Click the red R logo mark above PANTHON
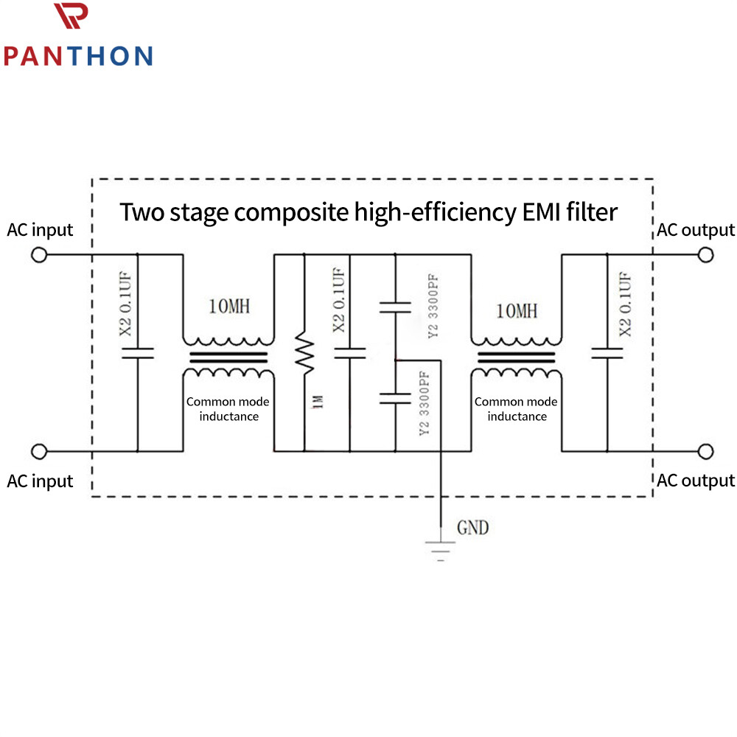click(x=71, y=15)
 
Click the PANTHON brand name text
click(x=79, y=56)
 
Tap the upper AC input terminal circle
click(x=39, y=255)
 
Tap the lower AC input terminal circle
click(x=39, y=451)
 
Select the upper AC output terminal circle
click(x=705, y=255)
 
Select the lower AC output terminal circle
click(x=705, y=451)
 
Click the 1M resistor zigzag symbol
click(x=304, y=353)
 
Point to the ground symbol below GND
click(x=441, y=551)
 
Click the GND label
click(x=473, y=528)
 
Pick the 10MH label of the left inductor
click(x=229, y=307)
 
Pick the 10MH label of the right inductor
click(x=517, y=311)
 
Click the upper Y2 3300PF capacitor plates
click(x=395, y=308)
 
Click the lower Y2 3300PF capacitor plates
click(x=395, y=399)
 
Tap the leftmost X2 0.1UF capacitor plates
click(x=138, y=354)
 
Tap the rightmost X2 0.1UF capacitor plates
click(x=607, y=354)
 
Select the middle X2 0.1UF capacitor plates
click(x=349, y=354)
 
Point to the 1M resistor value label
click(x=318, y=402)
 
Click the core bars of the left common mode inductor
click(x=228, y=357)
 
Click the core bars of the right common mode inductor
click(x=516, y=357)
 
